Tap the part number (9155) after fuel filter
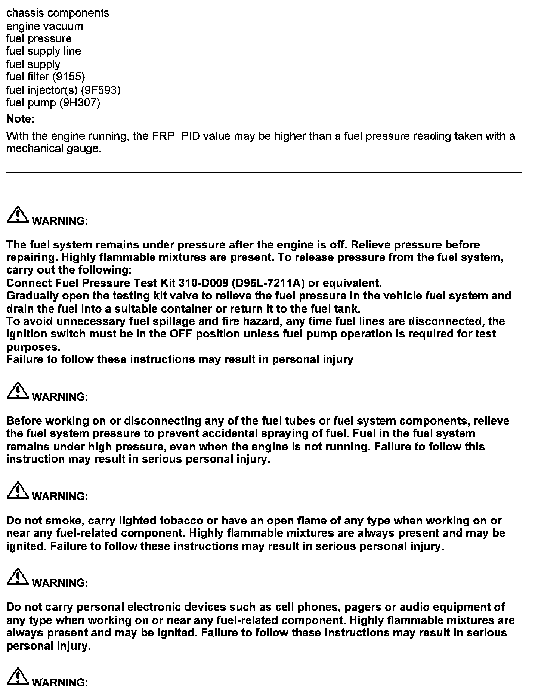69,77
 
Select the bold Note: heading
21,119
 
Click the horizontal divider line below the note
263,172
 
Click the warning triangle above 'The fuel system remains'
18,214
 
